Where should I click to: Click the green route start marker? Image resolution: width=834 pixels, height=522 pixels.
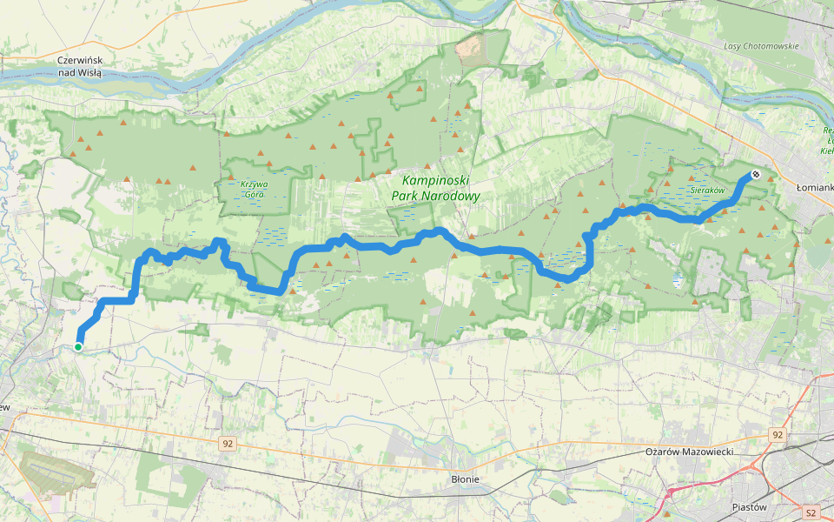(78, 347)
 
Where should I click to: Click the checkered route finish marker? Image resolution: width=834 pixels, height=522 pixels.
(756, 175)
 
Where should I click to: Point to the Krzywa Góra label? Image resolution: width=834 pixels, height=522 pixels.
(254, 189)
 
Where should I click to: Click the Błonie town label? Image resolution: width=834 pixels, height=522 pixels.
(466, 478)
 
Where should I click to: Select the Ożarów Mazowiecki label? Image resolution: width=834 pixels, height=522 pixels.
(690, 452)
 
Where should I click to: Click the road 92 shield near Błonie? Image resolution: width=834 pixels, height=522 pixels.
(228, 444)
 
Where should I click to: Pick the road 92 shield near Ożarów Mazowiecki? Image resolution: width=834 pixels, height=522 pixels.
(777, 434)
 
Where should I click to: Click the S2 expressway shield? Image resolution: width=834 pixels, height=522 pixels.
(811, 512)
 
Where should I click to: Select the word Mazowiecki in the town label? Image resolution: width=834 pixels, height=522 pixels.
(706, 452)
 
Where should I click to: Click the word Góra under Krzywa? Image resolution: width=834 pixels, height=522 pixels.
(254, 195)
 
